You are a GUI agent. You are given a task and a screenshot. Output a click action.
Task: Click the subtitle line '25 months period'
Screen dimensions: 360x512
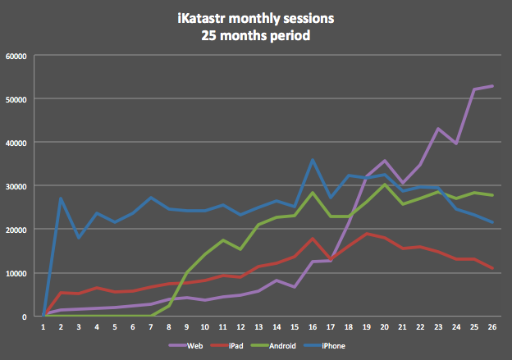[256, 36]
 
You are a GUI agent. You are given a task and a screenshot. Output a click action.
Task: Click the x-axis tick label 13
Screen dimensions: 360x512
[258, 326]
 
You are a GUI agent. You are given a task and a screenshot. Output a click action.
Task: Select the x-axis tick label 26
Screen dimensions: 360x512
[491, 326]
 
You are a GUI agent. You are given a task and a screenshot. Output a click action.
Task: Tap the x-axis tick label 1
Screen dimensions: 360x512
[43, 326]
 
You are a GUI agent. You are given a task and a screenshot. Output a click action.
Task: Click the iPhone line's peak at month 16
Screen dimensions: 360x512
[312, 160]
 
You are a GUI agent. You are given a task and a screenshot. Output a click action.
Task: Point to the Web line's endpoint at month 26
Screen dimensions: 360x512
[491, 86]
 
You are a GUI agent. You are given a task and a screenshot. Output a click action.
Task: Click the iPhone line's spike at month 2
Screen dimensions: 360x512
[61, 198]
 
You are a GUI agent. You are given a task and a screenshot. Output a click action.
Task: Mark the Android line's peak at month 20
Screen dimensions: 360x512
[383, 185]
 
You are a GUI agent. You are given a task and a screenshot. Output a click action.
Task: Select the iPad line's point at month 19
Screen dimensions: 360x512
[365, 234]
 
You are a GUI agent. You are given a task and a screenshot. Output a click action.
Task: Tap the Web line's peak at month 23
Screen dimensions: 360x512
[437, 129]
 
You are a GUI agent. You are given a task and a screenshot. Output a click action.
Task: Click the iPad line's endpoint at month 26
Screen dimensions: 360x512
[491, 268]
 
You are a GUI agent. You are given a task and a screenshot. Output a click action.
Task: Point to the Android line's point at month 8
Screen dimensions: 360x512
[168, 305]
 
